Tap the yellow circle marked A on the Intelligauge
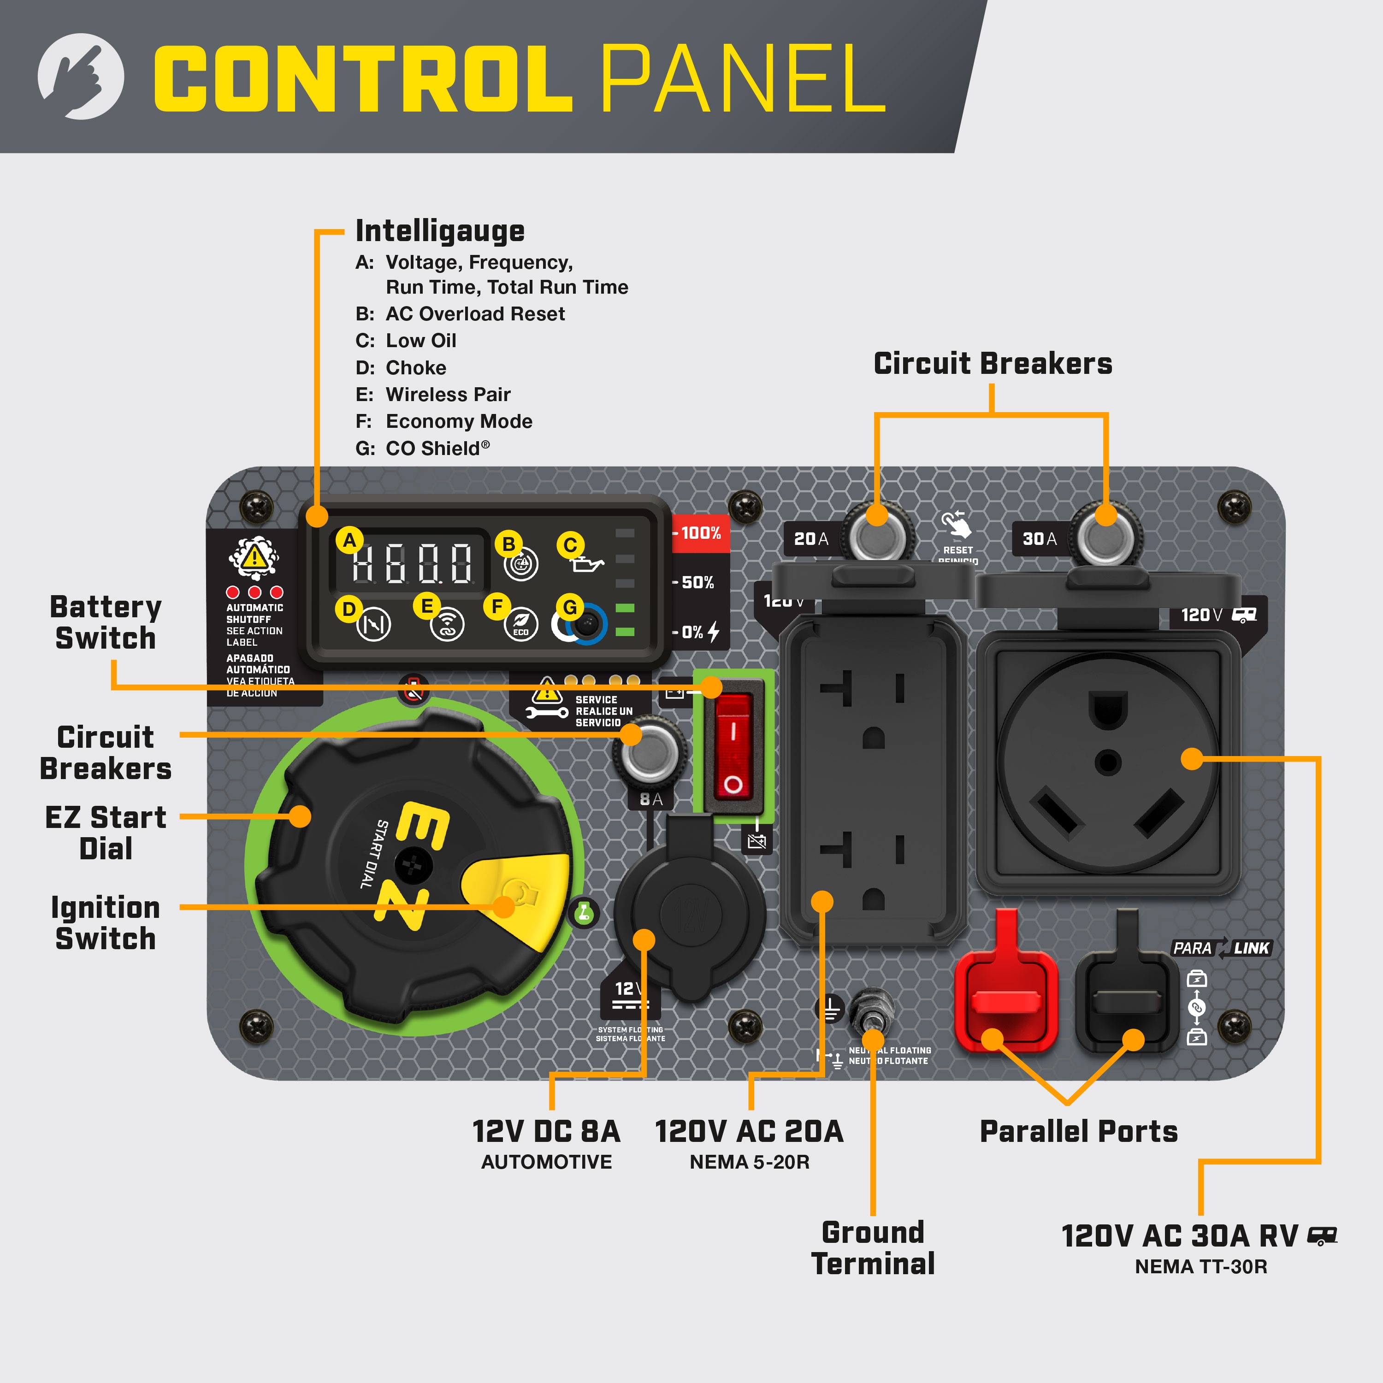click(x=349, y=540)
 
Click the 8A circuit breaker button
click(x=649, y=753)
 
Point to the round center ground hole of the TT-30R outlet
click(x=1107, y=763)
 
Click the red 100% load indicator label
click(x=700, y=533)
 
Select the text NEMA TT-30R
click(x=1200, y=1266)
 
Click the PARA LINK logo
click(x=1221, y=948)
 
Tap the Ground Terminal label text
click(x=873, y=1248)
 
